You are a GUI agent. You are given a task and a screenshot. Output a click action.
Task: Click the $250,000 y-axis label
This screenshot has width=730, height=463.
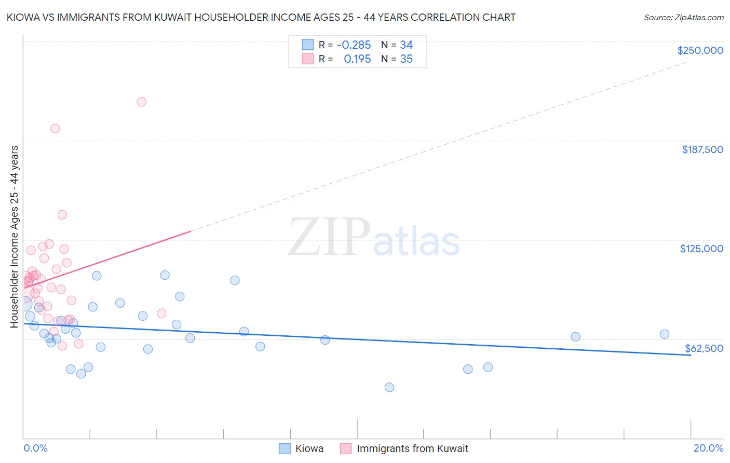(x=700, y=50)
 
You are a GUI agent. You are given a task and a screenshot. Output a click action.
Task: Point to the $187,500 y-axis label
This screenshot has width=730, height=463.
(x=702, y=149)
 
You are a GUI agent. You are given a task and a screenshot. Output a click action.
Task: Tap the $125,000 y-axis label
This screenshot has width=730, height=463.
(x=701, y=249)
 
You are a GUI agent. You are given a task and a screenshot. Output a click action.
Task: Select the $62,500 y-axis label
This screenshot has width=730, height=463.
(x=704, y=348)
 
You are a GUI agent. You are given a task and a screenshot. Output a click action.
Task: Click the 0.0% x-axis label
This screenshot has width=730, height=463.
(x=35, y=448)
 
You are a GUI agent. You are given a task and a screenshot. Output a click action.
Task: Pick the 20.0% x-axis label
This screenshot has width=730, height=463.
(x=708, y=448)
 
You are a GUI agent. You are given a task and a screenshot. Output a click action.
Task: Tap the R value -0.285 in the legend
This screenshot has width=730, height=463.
(x=354, y=45)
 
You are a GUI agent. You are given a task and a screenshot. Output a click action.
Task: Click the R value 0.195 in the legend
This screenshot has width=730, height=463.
(x=357, y=59)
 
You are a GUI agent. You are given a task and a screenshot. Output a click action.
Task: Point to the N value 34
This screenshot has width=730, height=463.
(x=406, y=45)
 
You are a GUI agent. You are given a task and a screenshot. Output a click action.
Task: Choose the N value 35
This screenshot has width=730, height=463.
(x=406, y=59)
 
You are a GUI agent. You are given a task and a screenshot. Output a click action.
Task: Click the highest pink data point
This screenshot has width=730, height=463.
(x=141, y=102)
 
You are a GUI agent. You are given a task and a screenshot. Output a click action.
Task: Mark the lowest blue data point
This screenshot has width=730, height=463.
(x=389, y=387)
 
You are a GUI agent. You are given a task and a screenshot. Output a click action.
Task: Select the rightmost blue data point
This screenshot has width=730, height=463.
(x=665, y=334)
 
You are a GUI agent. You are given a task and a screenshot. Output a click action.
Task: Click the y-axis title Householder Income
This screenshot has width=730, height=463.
(x=14, y=236)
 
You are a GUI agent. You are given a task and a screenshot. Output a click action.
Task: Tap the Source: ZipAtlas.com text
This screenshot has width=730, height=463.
(x=684, y=18)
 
